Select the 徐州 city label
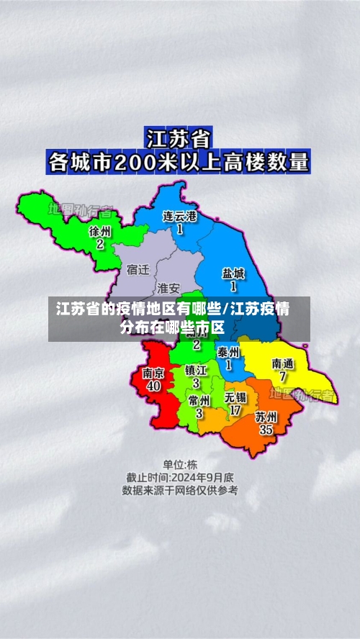coord(100,231)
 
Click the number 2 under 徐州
coord(100,245)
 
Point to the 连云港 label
coord(179,216)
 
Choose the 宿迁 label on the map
coord(138,270)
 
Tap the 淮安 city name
coord(168,288)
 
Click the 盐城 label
coord(233,273)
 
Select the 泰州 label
coord(228,352)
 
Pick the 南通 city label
coord(283,363)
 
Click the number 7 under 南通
coord(283,377)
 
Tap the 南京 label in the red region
coord(153,373)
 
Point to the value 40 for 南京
coord(153,386)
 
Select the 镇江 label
coord(196,370)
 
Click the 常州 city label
coord(199,400)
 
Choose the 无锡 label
coord(235,397)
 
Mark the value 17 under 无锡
coord(235,411)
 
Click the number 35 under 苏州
coord(266,430)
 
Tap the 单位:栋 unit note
coord(179,464)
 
